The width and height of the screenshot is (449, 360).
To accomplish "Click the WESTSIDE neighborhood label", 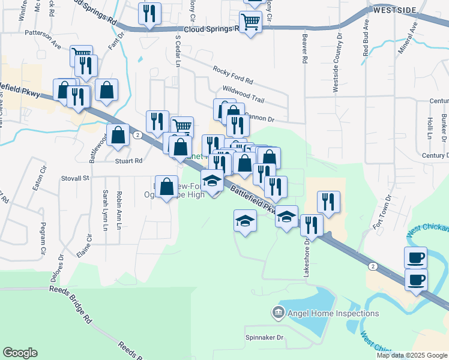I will click(x=394, y=10).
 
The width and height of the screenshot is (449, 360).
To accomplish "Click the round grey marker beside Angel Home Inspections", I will click(x=277, y=313).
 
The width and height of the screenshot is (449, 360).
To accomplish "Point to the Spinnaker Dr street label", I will click(x=264, y=338).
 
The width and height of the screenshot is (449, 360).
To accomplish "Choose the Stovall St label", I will click(x=75, y=178).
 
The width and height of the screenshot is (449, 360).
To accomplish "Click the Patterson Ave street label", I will click(x=43, y=44).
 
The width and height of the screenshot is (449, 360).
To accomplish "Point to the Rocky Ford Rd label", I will click(x=233, y=75).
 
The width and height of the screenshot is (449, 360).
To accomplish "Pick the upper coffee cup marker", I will click(x=415, y=257).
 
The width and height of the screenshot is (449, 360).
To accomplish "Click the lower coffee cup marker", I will click(x=417, y=279).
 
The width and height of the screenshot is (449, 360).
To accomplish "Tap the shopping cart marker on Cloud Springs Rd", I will click(x=251, y=22).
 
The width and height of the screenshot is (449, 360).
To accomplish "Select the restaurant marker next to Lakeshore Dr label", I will click(x=312, y=225).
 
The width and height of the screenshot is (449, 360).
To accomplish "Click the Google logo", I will click(x=20, y=353).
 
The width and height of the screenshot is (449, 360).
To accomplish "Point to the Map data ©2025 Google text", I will click(x=412, y=355).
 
